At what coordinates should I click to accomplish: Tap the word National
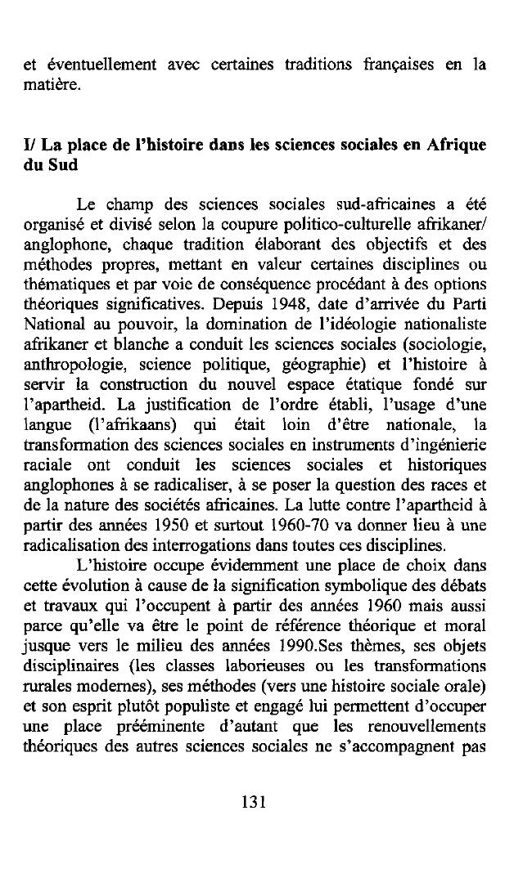pos(50,323)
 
